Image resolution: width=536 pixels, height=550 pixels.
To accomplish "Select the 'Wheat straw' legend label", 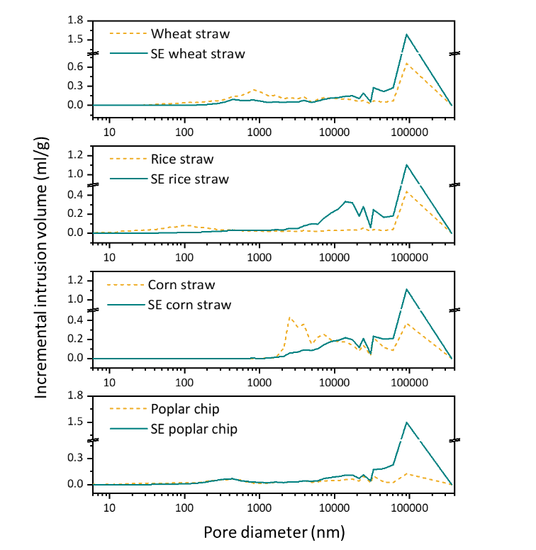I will click(190, 33).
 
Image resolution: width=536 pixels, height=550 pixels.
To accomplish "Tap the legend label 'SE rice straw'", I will click(189, 179).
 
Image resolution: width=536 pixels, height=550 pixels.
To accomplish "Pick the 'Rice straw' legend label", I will click(182, 159).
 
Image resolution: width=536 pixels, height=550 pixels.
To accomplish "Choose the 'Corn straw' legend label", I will click(182, 285).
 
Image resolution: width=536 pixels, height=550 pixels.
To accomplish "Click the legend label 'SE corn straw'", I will click(189, 305).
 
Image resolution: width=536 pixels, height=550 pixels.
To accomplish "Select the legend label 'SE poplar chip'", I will click(194, 429).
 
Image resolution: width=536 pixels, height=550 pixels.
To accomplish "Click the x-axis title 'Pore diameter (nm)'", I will click(274, 532).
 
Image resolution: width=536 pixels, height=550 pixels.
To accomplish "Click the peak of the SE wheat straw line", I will click(407, 34).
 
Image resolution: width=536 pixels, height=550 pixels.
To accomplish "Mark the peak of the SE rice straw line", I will click(407, 165).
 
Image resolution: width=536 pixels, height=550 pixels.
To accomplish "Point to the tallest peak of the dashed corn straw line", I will click(289, 317).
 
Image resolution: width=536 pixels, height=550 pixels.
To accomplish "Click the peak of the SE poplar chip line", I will click(407, 422).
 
